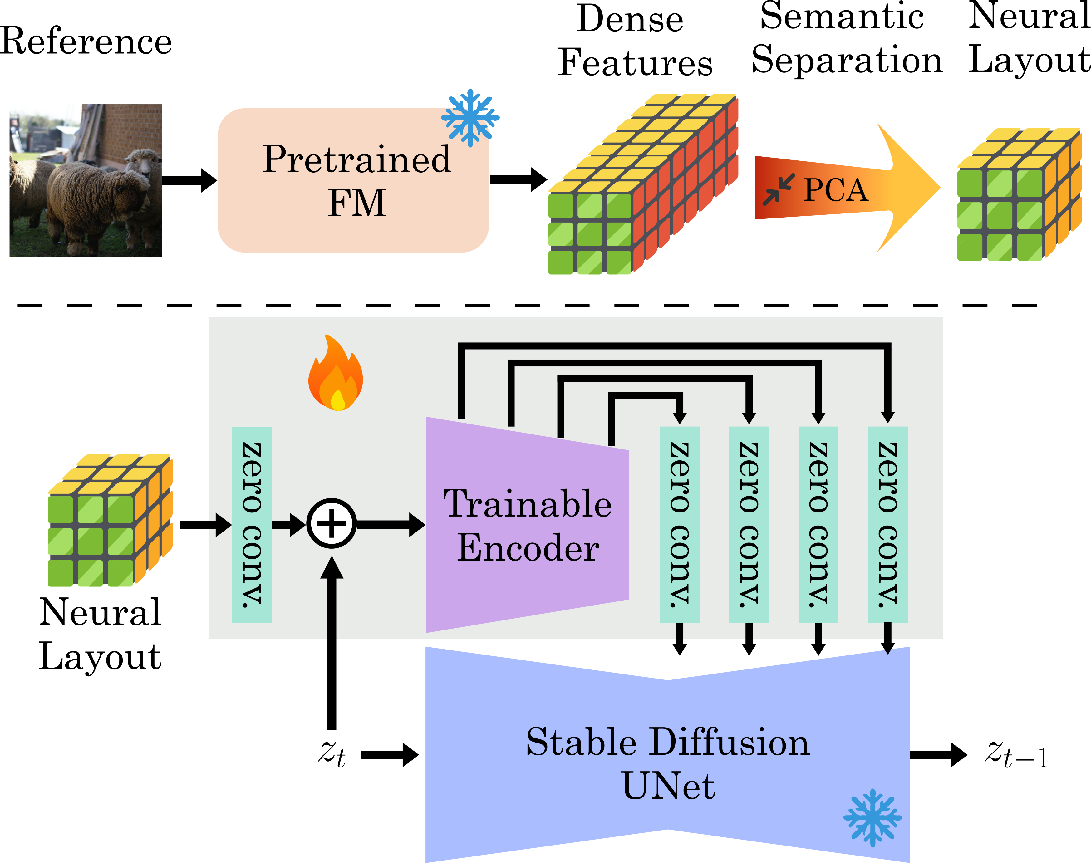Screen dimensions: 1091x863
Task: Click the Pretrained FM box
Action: (x=353, y=180)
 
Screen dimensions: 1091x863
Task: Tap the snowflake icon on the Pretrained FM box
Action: (x=470, y=118)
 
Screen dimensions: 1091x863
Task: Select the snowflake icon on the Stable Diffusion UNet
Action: (x=873, y=817)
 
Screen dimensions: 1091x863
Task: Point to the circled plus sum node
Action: (x=332, y=523)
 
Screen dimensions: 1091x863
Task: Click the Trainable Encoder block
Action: (x=527, y=524)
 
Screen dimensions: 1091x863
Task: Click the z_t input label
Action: (x=332, y=754)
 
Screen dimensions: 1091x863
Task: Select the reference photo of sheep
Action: (x=86, y=180)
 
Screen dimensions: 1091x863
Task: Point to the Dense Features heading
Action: (x=635, y=41)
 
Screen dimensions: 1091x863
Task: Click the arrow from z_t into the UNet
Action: (x=390, y=755)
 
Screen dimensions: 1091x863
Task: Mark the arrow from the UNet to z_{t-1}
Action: (x=938, y=755)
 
